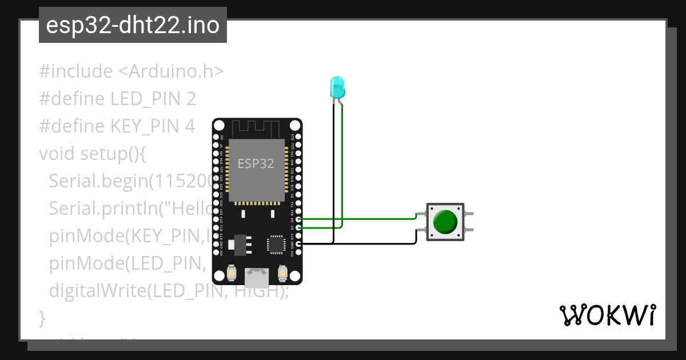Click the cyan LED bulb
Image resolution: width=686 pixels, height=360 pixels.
click(x=337, y=87)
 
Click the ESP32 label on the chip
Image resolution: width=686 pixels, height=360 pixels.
click(x=256, y=164)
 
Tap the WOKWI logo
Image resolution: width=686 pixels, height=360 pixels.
click(x=607, y=315)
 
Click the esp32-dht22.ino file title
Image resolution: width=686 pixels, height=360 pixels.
click(x=133, y=25)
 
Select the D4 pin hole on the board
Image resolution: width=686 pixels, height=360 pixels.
click(x=298, y=219)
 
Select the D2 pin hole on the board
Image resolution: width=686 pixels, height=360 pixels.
click(x=298, y=227)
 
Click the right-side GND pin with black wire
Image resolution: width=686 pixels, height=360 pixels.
click(x=298, y=243)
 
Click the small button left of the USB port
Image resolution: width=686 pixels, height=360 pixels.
click(x=232, y=274)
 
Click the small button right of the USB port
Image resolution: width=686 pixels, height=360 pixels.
click(x=282, y=274)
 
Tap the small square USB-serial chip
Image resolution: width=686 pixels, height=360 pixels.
click(x=276, y=243)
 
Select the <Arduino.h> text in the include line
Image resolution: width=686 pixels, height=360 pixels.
click(x=170, y=72)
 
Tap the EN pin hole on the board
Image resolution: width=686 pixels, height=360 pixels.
click(x=216, y=137)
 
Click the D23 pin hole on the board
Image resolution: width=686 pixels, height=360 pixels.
click(x=298, y=137)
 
